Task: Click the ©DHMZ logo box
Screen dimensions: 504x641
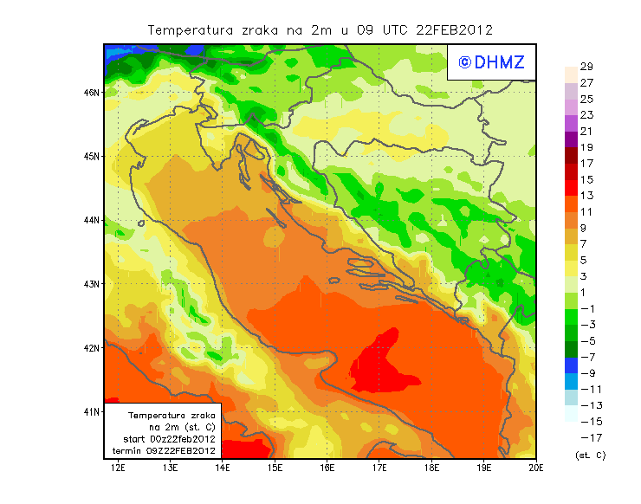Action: tap(491, 61)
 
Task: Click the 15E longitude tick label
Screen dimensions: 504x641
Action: tap(275, 468)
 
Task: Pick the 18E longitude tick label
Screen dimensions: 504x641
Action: tap(431, 468)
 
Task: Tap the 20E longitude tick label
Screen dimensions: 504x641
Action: tap(536, 468)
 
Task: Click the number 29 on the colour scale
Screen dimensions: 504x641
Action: tap(586, 67)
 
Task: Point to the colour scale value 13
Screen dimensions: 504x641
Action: tap(586, 196)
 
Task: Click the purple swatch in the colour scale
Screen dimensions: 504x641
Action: tap(570, 139)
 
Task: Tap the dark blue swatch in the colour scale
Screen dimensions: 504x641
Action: tap(570, 365)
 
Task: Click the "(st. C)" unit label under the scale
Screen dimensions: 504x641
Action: tap(590, 455)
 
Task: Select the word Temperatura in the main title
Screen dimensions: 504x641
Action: tap(191, 29)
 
